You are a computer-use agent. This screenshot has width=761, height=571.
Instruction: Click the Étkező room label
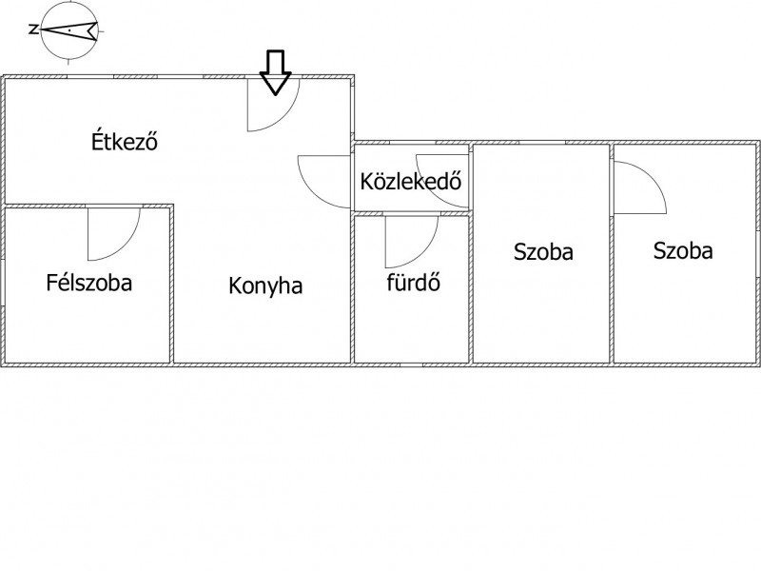[125, 141]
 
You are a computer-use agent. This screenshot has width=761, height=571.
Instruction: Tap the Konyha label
[265, 286]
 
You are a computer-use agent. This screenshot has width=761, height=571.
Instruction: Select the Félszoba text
[88, 283]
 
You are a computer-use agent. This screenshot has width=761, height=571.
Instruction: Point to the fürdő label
[414, 282]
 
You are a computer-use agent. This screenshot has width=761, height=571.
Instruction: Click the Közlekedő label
[411, 181]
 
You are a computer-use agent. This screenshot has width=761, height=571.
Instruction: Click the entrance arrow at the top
[275, 72]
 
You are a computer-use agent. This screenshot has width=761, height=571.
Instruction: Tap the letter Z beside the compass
[33, 30]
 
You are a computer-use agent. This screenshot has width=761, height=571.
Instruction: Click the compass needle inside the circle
[69, 30]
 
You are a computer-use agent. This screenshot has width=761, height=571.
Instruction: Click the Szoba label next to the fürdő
[543, 252]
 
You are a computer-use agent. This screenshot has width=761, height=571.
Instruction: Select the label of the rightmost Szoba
[683, 251]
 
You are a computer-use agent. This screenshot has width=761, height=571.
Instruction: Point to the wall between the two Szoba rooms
[612, 253]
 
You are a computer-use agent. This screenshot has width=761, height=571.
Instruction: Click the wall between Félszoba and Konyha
[172, 284]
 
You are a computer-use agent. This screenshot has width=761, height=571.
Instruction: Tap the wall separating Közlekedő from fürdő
[411, 213]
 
